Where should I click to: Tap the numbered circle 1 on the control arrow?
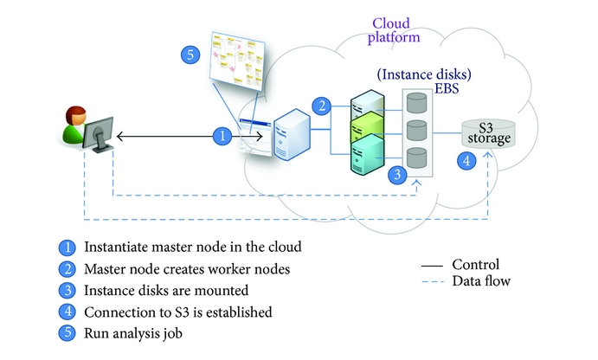[x=223, y=135]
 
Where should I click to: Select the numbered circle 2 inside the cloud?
[x=322, y=106]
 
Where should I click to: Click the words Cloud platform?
[x=394, y=32]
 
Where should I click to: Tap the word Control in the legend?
[x=475, y=265]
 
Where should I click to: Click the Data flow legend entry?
[x=481, y=280]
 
